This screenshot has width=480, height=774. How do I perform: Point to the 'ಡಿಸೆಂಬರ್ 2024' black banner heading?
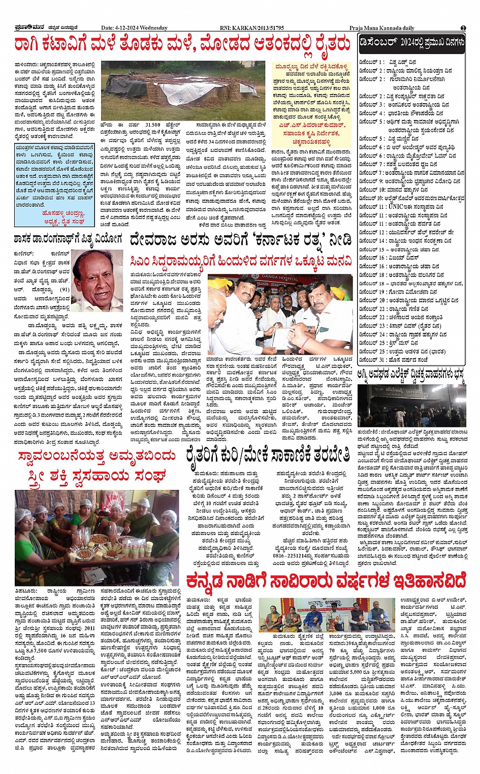point(412,43)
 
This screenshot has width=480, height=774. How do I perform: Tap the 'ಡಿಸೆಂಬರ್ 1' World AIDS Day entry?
point(371,62)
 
